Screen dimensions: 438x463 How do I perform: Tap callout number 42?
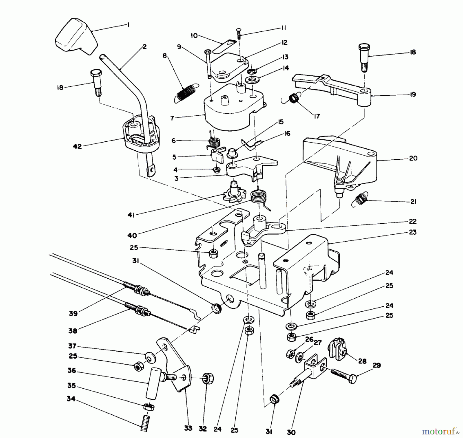click(x=77, y=147)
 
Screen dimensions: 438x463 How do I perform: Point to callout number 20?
click(x=413, y=158)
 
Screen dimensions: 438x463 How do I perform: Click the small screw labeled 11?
click(x=239, y=33)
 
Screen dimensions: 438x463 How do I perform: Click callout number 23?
click(x=413, y=232)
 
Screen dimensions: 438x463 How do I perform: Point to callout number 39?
click(x=73, y=314)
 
